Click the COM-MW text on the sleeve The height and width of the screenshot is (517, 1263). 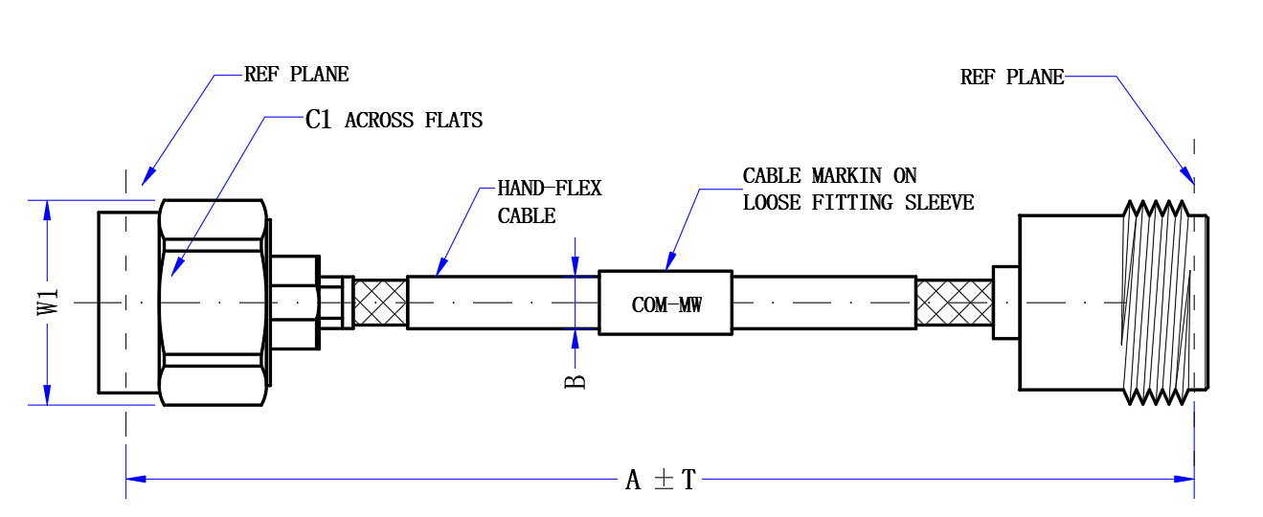click(666, 305)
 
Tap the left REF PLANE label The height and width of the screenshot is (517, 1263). click(297, 75)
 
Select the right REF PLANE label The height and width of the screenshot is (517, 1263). click(1012, 78)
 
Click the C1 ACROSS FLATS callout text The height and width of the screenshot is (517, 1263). click(395, 120)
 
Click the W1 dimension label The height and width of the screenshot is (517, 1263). click(49, 303)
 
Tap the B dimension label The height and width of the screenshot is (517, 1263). click(575, 382)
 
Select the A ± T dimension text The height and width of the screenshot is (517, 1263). click(661, 480)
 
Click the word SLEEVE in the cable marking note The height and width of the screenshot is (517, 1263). click(939, 202)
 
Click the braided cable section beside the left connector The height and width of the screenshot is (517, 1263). click(380, 303)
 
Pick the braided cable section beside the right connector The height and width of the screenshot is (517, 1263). click(955, 303)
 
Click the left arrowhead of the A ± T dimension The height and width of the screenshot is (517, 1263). click(136, 480)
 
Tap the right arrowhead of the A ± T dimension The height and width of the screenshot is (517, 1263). click(1184, 480)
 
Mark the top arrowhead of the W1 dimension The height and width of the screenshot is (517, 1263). click(47, 211)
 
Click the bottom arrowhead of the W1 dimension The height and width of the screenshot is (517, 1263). click(47, 394)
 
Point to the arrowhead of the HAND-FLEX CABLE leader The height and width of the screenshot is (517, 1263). click(441, 268)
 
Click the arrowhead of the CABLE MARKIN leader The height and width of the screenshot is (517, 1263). click(670, 262)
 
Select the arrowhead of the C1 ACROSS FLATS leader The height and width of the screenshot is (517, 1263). click(177, 267)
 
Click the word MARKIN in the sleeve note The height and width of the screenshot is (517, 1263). click(846, 176)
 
